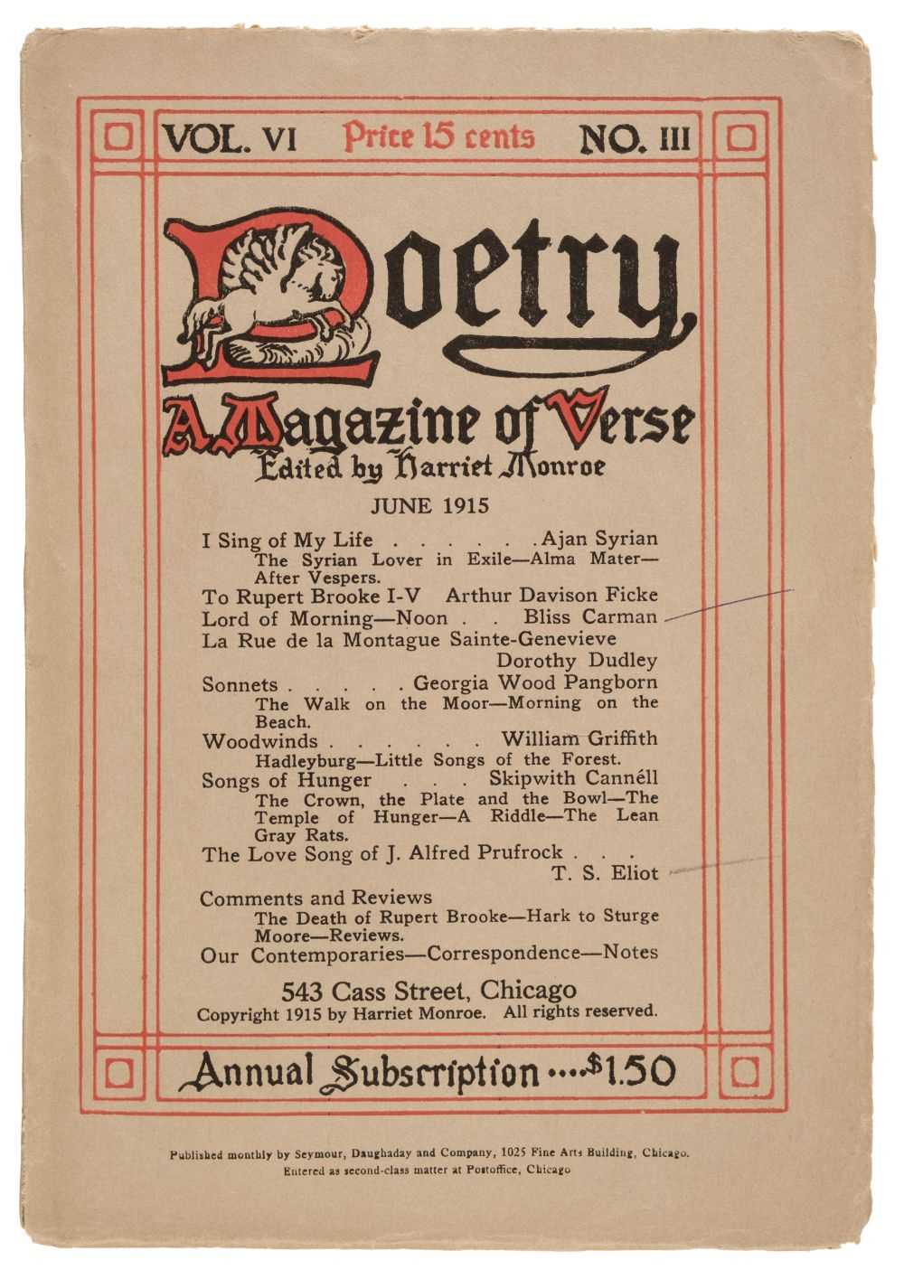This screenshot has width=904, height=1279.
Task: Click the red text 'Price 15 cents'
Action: tap(438, 136)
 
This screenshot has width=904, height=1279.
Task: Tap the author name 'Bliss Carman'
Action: tap(590, 618)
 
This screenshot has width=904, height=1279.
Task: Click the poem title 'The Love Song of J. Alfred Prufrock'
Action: tap(381, 853)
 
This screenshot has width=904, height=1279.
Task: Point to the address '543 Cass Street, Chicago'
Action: tap(428, 990)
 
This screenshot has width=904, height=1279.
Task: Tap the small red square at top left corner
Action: tap(118, 137)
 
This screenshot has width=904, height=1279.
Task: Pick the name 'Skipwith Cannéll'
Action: tap(573, 779)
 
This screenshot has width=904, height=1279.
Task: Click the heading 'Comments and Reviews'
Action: tap(315, 898)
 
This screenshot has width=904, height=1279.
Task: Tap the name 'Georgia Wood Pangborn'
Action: tap(535, 683)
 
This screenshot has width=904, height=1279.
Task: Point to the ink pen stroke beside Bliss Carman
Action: tap(728, 604)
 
